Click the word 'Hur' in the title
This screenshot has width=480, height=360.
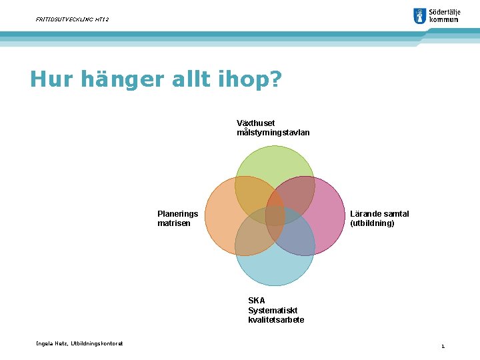click(52, 81)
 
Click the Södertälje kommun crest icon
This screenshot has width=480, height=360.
click(419, 16)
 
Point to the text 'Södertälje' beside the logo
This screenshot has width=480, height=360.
click(444, 12)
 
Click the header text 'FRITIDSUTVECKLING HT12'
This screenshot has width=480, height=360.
click(72, 19)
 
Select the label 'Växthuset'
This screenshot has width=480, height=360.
click(255, 123)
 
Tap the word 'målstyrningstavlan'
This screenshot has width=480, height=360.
click(273, 133)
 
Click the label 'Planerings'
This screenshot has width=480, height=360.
click(177, 213)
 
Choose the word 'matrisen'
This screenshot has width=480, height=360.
click(173, 223)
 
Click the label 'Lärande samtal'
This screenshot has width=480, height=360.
click(379, 213)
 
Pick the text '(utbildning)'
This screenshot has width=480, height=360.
click(372, 223)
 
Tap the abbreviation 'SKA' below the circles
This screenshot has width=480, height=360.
click(256, 301)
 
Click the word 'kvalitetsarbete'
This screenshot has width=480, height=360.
click(276, 320)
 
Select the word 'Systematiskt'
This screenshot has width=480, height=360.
click(272, 310)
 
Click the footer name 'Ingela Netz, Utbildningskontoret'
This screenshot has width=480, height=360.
click(79, 343)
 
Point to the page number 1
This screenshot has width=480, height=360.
click(442, 346)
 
